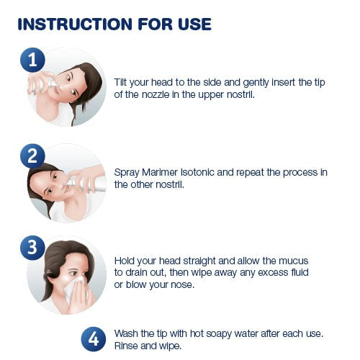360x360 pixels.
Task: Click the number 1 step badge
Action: click(32, 60)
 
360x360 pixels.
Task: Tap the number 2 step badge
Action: click(32, 156)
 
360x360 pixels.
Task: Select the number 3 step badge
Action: click(32, 247)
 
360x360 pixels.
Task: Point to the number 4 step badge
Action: click(94, 339)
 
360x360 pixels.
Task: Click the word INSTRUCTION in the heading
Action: click(75, 24)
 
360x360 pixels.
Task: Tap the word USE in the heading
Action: click(194, 24)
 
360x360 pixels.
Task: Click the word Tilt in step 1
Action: click(120, 82)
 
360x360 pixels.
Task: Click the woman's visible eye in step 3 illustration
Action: click(73, 273)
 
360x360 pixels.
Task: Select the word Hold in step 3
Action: click(123, 261)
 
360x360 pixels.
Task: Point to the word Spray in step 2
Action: click(127, 173)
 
